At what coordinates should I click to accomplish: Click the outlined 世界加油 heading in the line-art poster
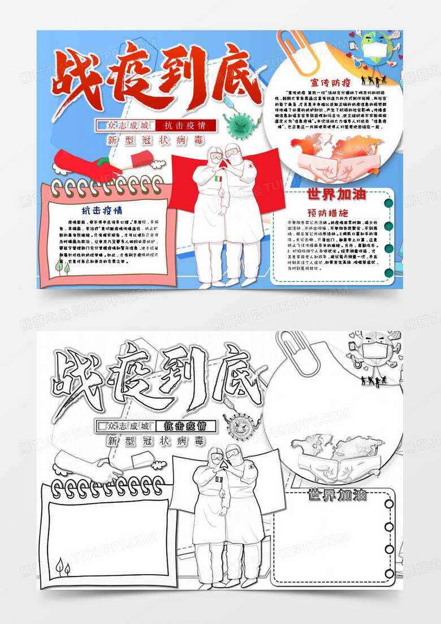point(336,495)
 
